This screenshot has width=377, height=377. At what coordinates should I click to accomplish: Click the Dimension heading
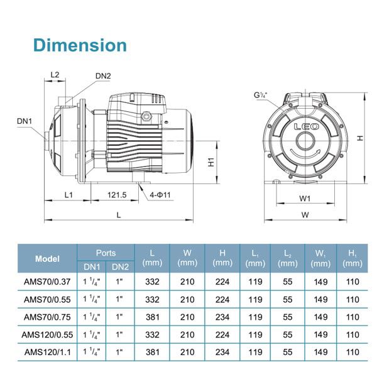click(80, 45)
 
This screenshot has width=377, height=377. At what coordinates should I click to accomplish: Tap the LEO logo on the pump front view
click(307, 126)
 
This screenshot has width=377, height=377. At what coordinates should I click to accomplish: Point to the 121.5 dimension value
click(117, 195)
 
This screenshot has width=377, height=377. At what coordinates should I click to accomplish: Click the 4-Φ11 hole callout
click(160, 195)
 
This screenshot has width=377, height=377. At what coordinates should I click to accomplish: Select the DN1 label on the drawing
click(25, 121)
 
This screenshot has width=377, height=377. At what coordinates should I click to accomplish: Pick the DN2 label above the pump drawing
click(103, 76)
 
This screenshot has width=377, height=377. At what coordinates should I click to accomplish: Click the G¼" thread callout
click(261, 96)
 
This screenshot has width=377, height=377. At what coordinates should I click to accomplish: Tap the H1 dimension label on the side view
click(211, 162)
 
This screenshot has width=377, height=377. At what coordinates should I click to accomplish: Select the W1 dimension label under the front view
click(305, 199)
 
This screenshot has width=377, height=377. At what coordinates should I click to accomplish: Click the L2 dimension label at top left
click(55, 75)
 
